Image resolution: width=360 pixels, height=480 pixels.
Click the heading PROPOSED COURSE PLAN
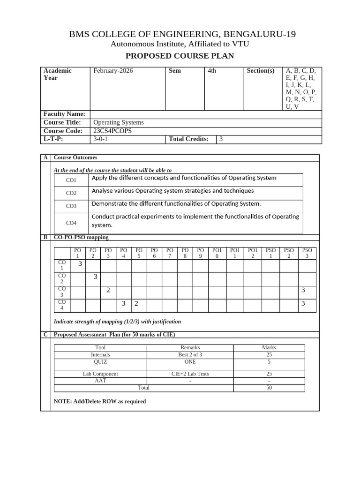tap(180, 56)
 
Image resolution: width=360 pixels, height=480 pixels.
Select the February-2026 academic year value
tap(113, 71)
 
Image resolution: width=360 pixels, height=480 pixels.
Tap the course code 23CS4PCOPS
tap(112, 131)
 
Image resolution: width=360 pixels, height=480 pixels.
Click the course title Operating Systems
tap(119, 122)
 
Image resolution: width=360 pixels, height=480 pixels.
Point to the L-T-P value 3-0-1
tap(100, 139)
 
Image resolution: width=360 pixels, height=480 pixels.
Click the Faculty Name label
tap(64, 114)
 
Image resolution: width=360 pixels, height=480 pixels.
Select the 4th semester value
tap(212, 71)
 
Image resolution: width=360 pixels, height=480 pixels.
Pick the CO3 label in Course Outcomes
tap(71, 206)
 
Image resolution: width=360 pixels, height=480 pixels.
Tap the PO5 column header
tap(139, 253)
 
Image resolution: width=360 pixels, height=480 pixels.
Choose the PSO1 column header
tap(271, 253)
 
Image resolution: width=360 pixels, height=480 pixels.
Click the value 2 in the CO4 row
tap(136, 304)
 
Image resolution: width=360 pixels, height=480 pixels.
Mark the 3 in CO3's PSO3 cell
tap(303, 290)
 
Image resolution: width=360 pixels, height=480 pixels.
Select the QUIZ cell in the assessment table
tap(100, 362)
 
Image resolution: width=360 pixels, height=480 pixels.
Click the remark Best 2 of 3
tap(190, 355)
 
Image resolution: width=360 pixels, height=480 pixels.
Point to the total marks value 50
tap(269, 388)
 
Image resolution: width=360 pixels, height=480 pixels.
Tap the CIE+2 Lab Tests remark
tap(190, 374)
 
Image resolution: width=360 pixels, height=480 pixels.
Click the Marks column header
tap(269, 348)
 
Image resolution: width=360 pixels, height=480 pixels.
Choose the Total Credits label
tap(188, 139)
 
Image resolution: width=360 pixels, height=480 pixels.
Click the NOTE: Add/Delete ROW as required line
tap(100, 401)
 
